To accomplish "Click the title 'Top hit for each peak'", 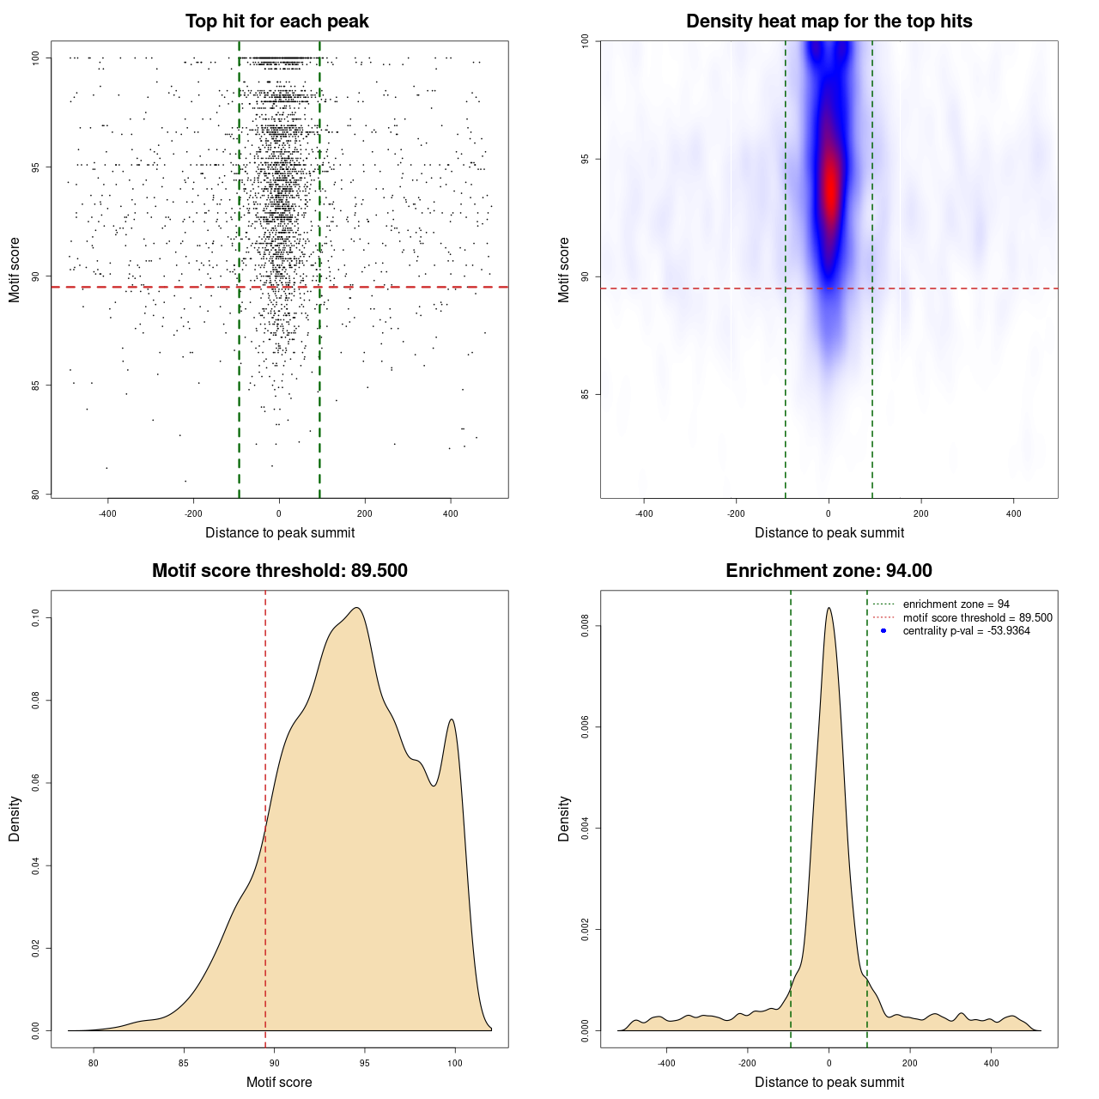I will tap(277, 21).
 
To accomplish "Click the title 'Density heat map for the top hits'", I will tap(829, 21).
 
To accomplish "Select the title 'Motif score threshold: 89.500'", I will tap(279, 571).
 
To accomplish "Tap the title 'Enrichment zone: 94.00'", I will tap(829, 571).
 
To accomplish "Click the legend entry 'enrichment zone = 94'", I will tap(956, 604).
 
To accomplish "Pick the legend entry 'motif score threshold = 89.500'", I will tap(977, 617).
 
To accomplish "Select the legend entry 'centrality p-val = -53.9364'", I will tap(966, 631).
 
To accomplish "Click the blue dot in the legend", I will tap(883, 631).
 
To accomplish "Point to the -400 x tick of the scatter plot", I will tap(107, 513).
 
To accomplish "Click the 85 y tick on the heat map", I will tap(585, 394).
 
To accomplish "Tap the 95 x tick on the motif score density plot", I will tap(365, 1063).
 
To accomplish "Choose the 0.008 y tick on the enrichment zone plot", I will tap(585, 627).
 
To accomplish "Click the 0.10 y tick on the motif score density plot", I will tap(35, 617).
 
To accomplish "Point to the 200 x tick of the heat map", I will tap(921, 513).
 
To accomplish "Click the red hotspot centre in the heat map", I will tap(829, 185).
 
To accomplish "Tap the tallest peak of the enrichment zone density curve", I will tap(829, 609).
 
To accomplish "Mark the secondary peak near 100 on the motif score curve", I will tap(452, 720).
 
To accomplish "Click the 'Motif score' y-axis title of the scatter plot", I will tap(15, 270).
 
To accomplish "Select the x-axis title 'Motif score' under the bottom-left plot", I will tap(279, 1082).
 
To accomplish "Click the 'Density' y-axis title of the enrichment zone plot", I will tap(564, 818).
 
